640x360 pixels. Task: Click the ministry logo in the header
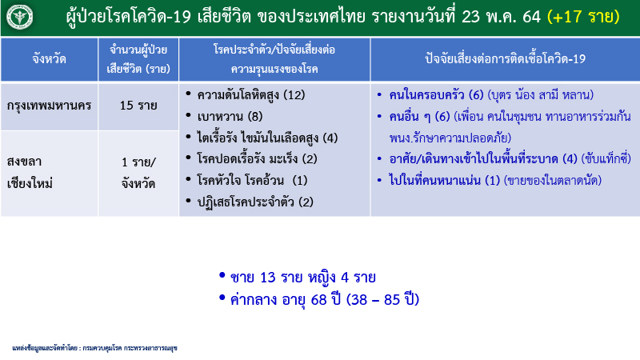tap(18, 18)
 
